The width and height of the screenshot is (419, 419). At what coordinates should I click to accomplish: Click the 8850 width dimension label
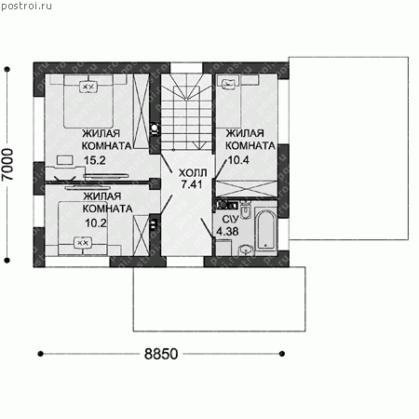161,354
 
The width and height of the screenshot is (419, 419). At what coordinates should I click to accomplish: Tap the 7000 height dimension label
7,164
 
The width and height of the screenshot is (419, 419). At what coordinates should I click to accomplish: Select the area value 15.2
95,160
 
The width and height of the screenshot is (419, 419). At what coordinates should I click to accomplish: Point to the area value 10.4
238,160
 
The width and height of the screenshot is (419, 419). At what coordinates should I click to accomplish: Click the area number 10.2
96,223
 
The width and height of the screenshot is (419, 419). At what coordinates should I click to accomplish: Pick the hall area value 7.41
192,184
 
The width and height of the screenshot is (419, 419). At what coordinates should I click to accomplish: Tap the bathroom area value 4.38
227,232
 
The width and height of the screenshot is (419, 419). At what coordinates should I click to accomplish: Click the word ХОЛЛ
193,172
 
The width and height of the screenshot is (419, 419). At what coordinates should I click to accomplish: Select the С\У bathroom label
230,220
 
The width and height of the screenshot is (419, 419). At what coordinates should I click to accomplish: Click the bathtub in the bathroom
265,230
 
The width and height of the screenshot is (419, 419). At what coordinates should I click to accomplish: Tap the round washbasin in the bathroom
246,250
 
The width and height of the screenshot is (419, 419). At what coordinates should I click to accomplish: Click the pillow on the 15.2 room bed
88,87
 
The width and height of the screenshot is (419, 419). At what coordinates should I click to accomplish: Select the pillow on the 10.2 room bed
83,243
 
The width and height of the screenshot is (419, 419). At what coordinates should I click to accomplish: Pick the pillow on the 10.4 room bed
229,83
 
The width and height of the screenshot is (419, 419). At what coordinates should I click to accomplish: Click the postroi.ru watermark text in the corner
26,6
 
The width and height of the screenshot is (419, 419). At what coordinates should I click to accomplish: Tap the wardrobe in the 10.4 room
246,188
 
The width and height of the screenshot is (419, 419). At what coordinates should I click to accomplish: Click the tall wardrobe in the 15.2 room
141,111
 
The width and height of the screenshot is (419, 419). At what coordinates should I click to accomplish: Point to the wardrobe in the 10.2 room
141,236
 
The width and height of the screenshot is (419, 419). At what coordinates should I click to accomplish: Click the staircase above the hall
186,112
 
